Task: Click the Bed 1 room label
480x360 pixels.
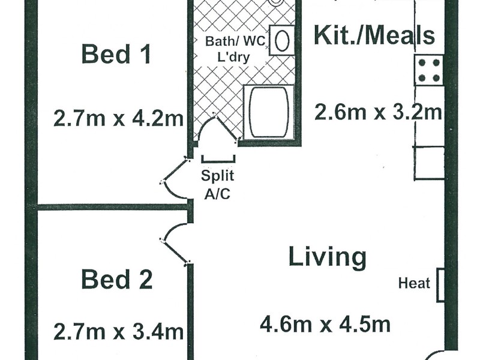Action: coord(116,55)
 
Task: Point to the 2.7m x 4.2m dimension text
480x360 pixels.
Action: coord(118,118)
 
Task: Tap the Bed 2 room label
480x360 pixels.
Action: coord(116,280)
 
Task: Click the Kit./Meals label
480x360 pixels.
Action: coord(374,36)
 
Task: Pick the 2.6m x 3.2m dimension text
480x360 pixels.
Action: coord(379,112)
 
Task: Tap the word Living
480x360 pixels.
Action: coord(327,257)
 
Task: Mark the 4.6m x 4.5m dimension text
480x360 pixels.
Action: coord(325,325)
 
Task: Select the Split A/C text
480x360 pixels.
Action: coord(217,185)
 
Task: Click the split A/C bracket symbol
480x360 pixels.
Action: coord(218,159)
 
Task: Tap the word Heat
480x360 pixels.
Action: coord(414,283)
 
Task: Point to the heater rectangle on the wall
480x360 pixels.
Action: coord(440,284)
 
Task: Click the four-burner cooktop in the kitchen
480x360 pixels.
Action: coord(429,70)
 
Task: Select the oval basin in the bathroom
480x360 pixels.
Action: coord(281,41)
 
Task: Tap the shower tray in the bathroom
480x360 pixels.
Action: coord(268,113)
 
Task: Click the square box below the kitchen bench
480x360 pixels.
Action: coord(429,163)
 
